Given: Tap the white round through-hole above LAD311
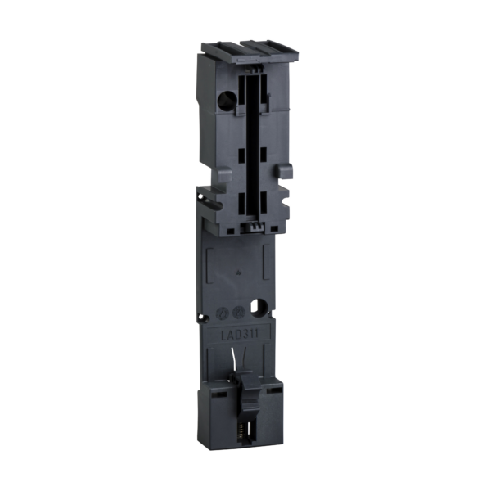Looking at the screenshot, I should pos(260,309).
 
